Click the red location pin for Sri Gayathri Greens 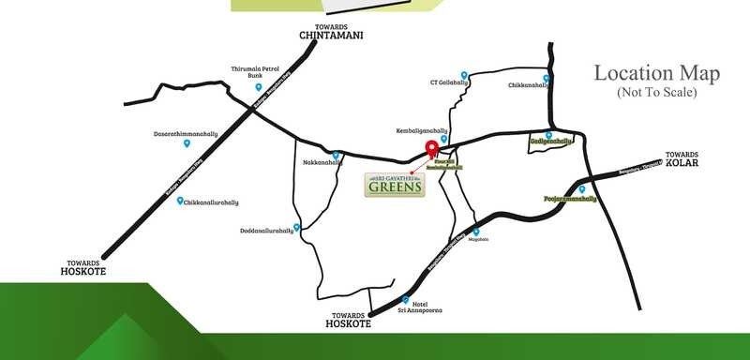pyautogui.click(x=432, y=149)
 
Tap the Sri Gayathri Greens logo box pyautogui.click(x=396, y=183)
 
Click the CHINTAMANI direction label pyautogui.click(x=331, y=37)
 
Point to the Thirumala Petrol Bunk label pyautogui.click(x=256, y=72)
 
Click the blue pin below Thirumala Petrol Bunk pyautogui.click(x=259, y=87)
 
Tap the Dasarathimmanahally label pyautogui.click(x=186, y=134)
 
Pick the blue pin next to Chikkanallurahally pyautogui.click(x=180, y=201)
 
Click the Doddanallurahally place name pyautogui.click(x=267, y=230)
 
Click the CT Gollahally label pyautogui.click(x=449, y=82)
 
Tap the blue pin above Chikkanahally pyautogui.click(x=546, y=78)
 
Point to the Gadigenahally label pyautogui.click(x=550, y=142)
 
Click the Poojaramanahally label pyautogui.click(x=571, y=199)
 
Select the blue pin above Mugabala pyautogui.click(x=475, y=232)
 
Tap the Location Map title pyautogui.click(x=656, y=73)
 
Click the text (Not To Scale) pyautogui.click(x=656, y=92)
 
